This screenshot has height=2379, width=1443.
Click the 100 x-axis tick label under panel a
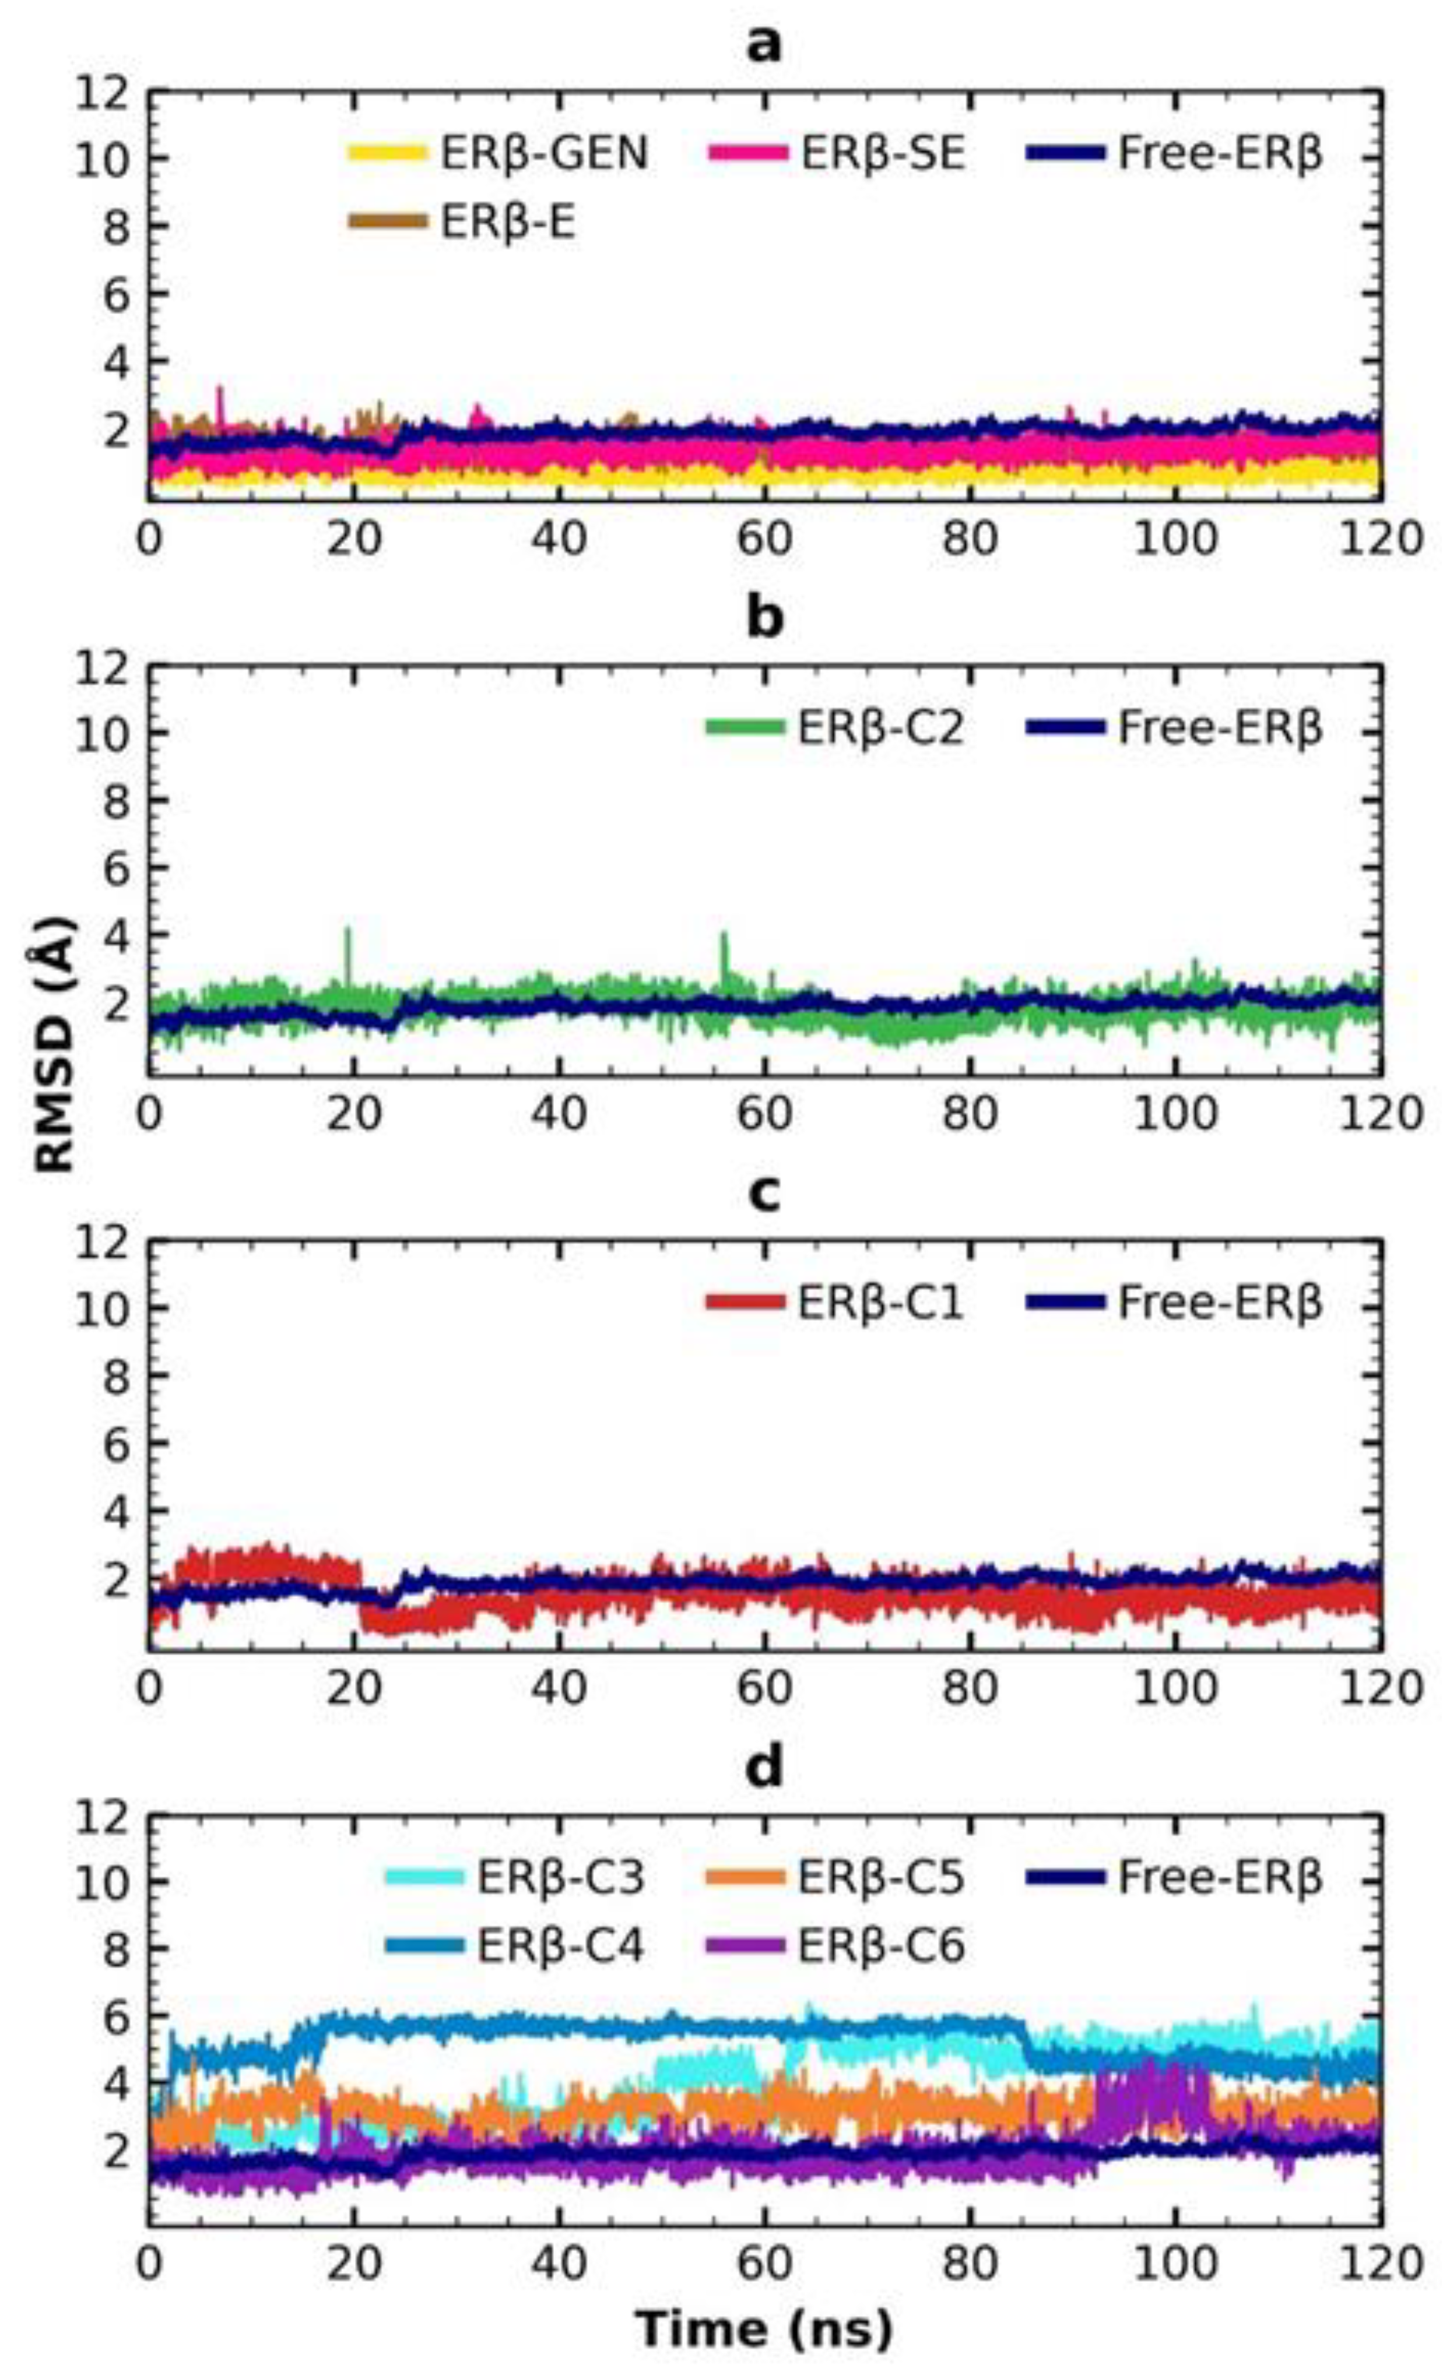point(1174,538)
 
